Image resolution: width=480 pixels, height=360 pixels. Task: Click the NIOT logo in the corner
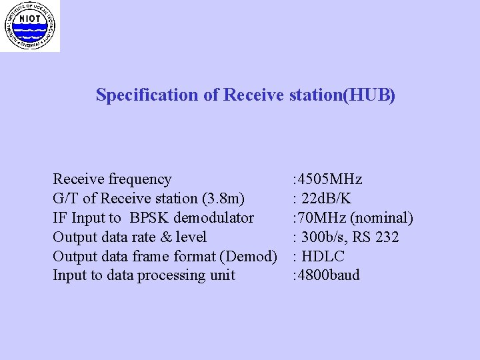click(29, 25)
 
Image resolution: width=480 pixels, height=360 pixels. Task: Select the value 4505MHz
click(330, 179)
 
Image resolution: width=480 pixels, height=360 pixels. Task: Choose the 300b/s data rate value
click(321, 237)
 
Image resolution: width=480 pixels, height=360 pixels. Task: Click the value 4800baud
click(329, 275)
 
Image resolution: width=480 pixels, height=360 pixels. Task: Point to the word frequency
click(140, 179)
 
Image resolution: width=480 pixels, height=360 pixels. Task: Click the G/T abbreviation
click(65, 198)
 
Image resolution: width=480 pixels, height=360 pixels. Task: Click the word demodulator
click(213, 217)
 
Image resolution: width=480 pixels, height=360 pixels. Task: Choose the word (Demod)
click(252, 256)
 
